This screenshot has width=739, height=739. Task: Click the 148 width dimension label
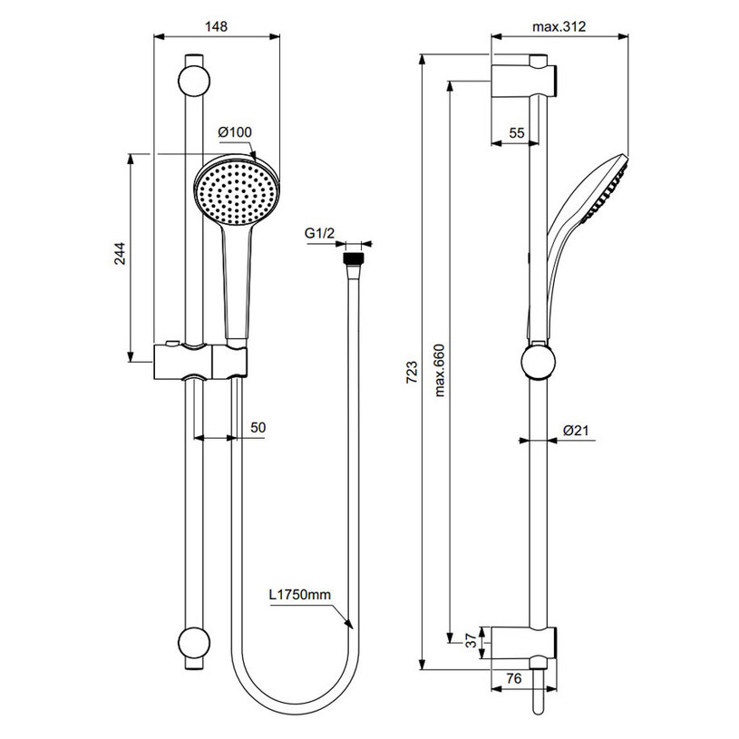[x=215, y=26]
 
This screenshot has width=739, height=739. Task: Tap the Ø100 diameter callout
[x=234, y=132]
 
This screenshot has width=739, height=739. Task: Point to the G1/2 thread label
[x=320, y=234]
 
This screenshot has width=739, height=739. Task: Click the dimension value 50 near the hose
[x=258, y=426]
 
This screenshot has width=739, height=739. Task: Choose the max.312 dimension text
[x=559, y=26]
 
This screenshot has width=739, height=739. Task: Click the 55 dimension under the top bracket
[x=516, y=132]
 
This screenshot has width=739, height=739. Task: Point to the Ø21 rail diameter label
[x=578, y=431]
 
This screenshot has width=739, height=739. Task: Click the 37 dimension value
[x=468, y=641]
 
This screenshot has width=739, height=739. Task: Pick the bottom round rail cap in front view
[x=193, y=643]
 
